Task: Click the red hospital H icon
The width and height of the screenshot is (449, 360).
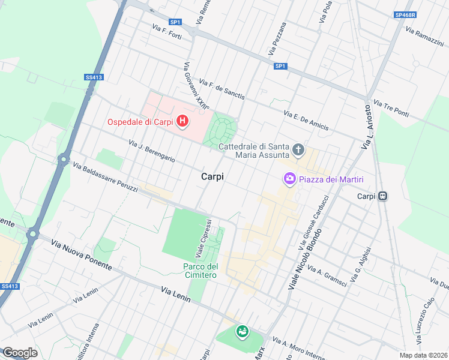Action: [182, 122]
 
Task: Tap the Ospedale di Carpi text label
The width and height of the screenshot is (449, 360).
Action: [140, 122]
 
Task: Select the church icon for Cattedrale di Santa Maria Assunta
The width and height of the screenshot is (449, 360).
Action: [298, 149]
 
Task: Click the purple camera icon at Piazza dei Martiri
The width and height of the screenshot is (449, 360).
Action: [289, 179]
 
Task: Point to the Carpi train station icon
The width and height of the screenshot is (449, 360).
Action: [382, 196]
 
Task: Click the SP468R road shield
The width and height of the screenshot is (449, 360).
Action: [406, 14]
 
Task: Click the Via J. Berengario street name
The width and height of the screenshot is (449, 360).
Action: [152, 151]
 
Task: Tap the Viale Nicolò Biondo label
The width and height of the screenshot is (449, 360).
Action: [306, 259]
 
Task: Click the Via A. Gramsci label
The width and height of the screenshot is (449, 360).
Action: [326, 275]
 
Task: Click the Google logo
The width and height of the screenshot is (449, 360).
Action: [20, 353]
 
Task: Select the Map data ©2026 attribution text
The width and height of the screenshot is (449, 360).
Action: [423, 355]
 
